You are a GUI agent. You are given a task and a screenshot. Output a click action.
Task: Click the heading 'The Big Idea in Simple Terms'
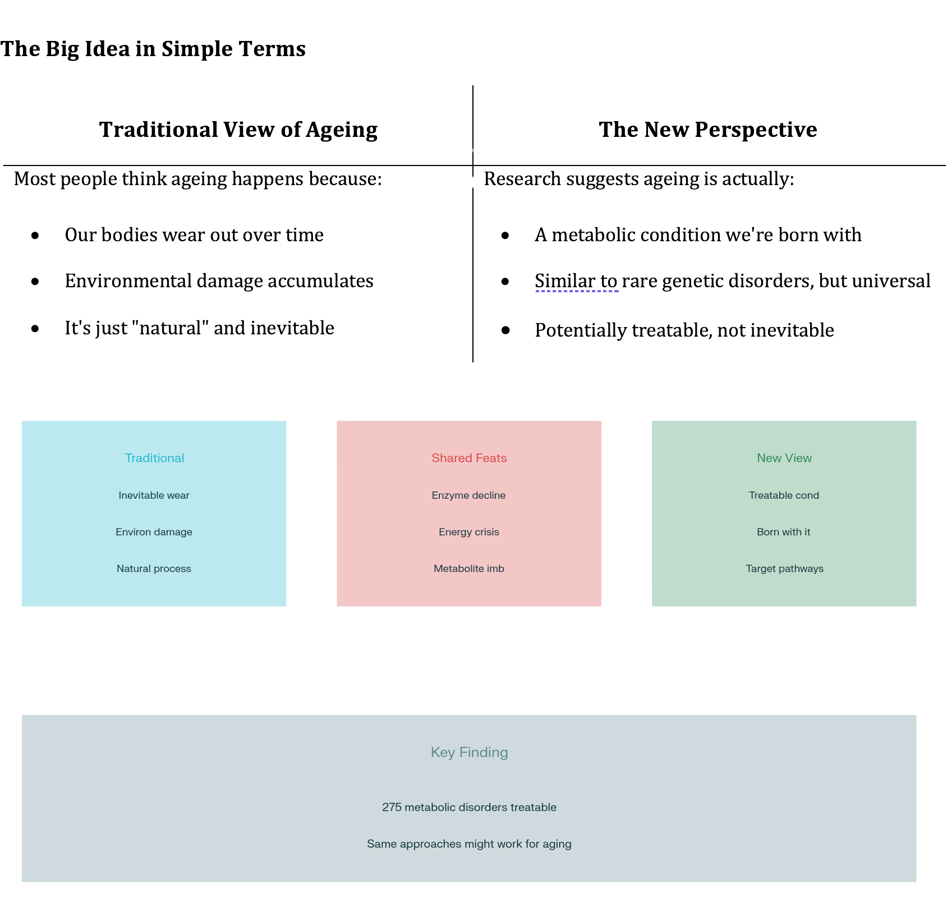(x=153, y=49)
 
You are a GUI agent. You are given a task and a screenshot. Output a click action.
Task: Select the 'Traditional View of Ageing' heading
(x=238, y=130)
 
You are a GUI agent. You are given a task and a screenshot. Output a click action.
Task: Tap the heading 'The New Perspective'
(x=708, y=130)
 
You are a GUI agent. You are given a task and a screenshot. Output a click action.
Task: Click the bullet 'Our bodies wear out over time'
(x=194, y=235)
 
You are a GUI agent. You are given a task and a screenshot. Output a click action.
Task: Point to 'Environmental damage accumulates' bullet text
(x=219, y=281)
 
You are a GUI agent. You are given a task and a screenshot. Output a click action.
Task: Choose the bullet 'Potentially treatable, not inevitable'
(x=684, y=330)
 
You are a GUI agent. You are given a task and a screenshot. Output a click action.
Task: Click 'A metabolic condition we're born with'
(x=698, y=235)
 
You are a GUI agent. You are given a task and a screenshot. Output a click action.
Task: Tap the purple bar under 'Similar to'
(x=581, y=297)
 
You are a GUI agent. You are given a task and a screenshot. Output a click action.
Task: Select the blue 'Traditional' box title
(x=154, y=458)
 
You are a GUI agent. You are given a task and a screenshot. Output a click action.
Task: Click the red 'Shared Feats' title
(x=469, y=458)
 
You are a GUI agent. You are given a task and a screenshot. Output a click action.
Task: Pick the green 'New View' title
(x=784, y=458)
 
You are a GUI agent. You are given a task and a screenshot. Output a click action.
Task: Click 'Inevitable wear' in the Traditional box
(x=154, y=495)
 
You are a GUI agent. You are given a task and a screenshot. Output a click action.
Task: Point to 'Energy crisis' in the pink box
(x=469, y=532)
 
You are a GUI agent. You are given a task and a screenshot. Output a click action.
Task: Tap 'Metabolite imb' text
(x=469, y=568)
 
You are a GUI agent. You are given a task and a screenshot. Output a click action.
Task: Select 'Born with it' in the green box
(x=784, y=532)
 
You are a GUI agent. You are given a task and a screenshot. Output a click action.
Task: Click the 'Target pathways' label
(x=784, y=568)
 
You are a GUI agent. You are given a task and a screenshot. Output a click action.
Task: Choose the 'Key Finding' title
(x=469, y=752)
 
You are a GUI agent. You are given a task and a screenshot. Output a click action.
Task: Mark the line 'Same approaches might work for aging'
(x=469, y=844)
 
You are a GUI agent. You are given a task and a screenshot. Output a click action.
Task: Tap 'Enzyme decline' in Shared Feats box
(x=468, y=495)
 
